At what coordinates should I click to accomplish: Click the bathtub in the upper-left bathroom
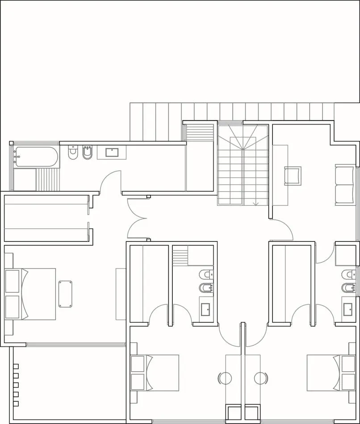coord(36,157)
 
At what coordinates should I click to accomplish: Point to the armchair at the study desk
coord(293,175)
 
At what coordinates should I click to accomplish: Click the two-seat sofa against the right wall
coord(344,185)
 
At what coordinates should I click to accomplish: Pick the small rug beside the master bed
coord(65,294)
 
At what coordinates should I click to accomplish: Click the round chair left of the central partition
coord(225,378)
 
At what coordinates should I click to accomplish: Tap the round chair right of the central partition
coord(261,378)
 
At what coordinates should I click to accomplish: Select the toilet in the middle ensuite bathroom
coord(206,274)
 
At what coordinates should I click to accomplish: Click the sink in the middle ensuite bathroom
coord(206,309)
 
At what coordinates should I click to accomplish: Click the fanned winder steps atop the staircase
coord(242,136)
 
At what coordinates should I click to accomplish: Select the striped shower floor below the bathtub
coord(47,179)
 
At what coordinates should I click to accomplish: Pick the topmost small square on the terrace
coord(16,366)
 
